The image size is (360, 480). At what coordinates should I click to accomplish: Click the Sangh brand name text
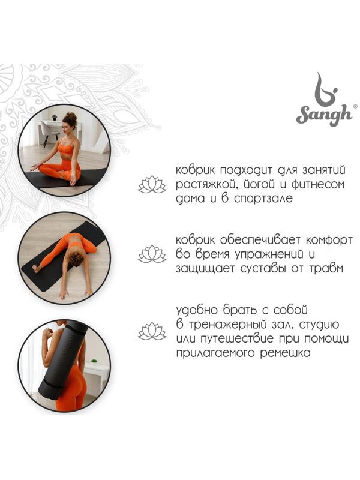point(324,115)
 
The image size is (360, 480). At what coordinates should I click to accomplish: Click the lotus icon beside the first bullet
point(152,184)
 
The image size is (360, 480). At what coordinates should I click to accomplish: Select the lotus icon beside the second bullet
point(152,254)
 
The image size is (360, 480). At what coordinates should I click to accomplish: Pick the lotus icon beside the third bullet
point(152,331)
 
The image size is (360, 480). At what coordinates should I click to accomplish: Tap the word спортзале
point(263,199)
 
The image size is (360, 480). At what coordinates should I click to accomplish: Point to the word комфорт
point(329,241)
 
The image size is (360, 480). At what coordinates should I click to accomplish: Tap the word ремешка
point(285,353)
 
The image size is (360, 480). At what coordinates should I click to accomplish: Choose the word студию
point(319,325)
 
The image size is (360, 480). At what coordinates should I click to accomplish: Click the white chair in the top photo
point(50,131)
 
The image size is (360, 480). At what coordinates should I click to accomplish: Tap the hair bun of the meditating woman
point(70,116)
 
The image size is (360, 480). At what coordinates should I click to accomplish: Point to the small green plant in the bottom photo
point(94,362)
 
